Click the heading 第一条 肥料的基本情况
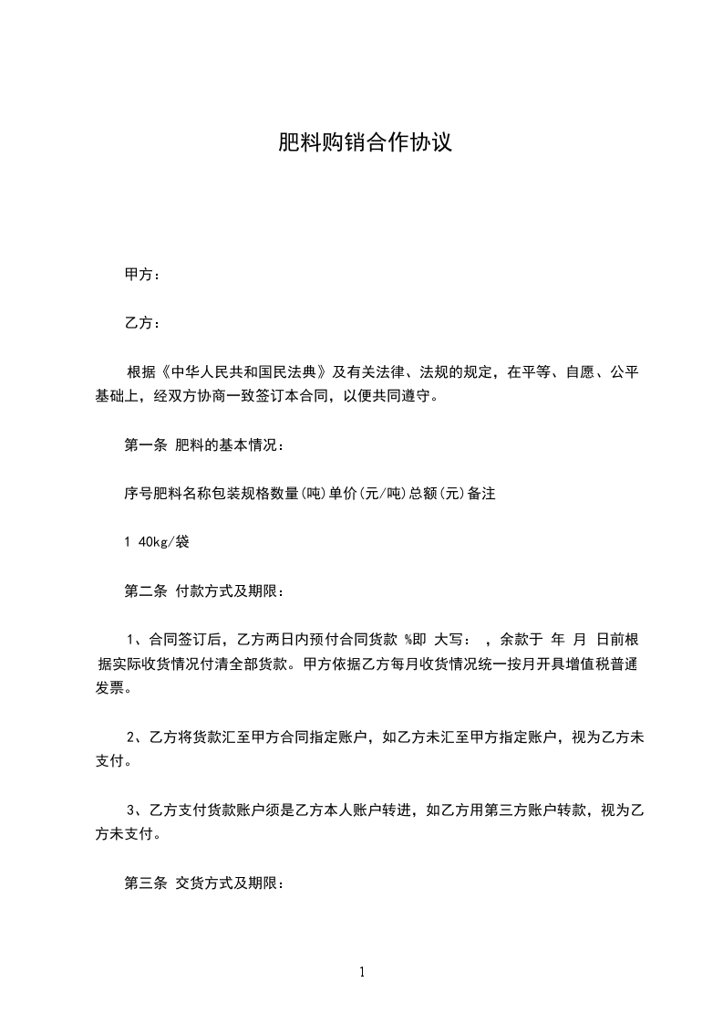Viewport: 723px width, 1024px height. (x=205, y=445)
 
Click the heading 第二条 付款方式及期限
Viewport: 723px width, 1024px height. (x=205, y=591)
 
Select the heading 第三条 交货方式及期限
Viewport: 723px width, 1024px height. (x=205, y=883)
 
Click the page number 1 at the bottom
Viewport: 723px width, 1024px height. (x=362, y=972)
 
